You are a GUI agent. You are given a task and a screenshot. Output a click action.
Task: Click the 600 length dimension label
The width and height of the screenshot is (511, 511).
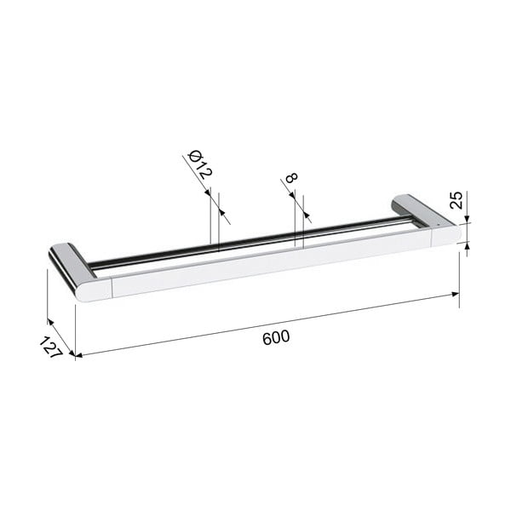(x=276, y=337)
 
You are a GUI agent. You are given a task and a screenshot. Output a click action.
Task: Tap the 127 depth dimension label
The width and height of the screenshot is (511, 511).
(x=50, y=347)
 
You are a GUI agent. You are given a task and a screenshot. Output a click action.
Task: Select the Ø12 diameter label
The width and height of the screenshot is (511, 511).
(x=200, y=164)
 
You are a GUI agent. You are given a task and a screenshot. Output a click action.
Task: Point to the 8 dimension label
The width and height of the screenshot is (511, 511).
(x=291, y=178)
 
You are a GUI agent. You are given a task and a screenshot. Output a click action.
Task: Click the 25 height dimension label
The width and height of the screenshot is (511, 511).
(x=456, y=200)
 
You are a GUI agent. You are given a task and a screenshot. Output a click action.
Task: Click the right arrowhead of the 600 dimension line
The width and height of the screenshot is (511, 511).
(x=456, y=295)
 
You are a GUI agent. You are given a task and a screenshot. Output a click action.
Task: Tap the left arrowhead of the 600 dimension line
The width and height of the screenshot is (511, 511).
(x=79, y=355)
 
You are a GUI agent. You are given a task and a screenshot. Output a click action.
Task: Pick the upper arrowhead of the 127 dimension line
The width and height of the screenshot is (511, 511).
(x=50, y=322)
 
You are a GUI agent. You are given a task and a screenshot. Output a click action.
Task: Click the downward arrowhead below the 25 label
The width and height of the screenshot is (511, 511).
(x=467, y=220)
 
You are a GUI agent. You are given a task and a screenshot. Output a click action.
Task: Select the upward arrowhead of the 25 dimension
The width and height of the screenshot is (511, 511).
(x=468, y=246)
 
